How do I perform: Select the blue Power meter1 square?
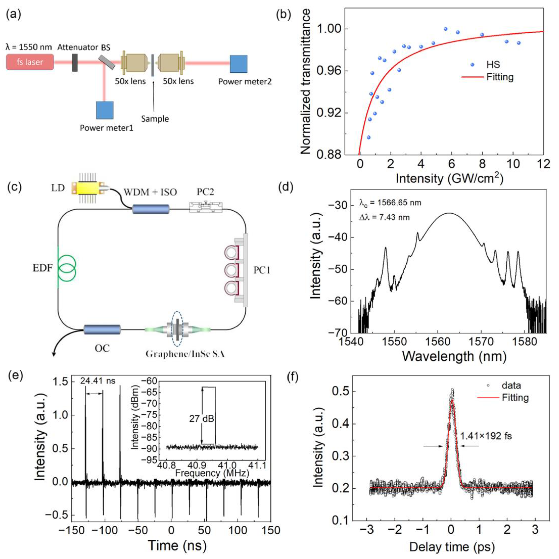pyautogui.click(x=105, y=110)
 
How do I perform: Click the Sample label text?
pyautogui.click(x=155, y=119)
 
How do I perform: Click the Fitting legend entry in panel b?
pyautogui.click(x=500, y=77)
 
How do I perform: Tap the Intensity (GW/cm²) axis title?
pyautogui.click(x=449, y=179)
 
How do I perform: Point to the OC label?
pyautogui.click(x=102, y=348)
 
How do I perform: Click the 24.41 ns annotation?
pyautogui.click(x=97, y=381)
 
